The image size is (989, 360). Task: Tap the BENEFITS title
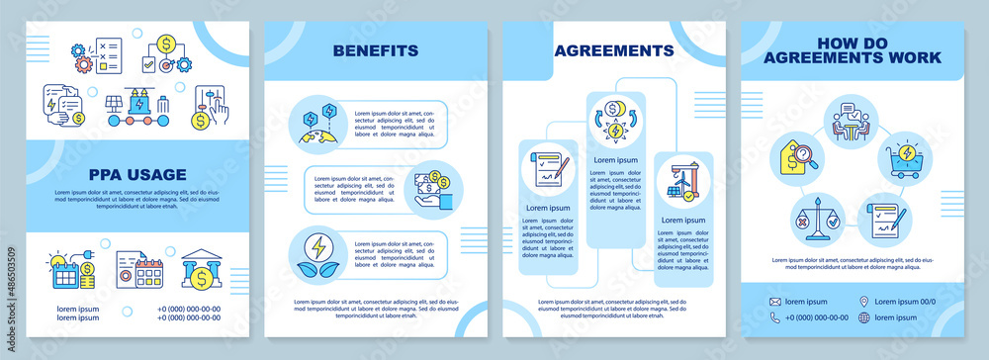click(375, 49)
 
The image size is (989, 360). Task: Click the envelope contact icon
click(775, 301)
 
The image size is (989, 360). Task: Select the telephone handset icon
click(775, 317)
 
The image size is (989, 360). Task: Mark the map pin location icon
click(864, 301)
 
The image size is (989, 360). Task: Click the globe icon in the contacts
click(864, 317)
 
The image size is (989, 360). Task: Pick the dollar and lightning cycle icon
click(613, 123)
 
